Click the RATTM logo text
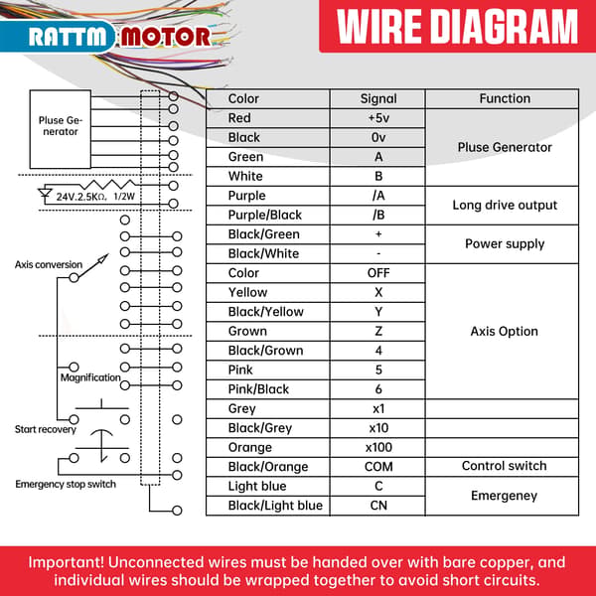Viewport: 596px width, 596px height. [x=67, y=37]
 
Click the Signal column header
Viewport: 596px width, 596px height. [x=378, y=98]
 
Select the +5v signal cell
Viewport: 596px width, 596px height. [x=378, y=118]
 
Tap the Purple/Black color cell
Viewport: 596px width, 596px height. [x=268, y=216]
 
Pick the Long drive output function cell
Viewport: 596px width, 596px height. [x=504, y=206]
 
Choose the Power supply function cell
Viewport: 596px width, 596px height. [x=504, y=244]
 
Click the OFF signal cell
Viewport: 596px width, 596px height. [x=378, y=273]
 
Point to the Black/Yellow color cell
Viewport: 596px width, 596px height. [x=268, y=312]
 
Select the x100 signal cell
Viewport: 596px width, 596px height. [x=378, y=447]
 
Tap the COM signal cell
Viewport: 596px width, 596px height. [x=378, y=467]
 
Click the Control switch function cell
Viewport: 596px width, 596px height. [x=504, y=467]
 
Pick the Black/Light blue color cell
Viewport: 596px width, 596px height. [x=268, y=506]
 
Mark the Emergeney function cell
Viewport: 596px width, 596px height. [x=504, y=496]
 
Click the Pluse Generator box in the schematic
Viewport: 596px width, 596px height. [x=61, y=129]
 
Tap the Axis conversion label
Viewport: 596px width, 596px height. [x=49, y=264]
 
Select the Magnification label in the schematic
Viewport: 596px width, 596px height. [x=90, y=377]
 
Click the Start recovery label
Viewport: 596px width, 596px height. [x=46, y=429]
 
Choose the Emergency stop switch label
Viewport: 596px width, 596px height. [x=66, y=485]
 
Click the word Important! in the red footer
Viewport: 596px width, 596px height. [x=66, y=562]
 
